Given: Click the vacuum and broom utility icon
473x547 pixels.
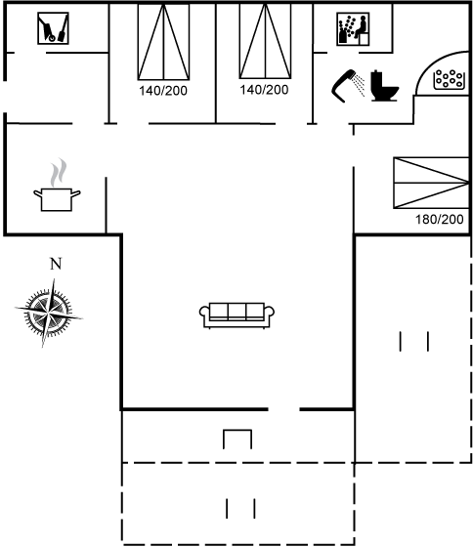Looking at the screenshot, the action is click(53, 28).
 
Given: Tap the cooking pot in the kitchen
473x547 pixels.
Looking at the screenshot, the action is click(57, 199).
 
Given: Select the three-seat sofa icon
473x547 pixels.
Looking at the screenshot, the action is click(236, 316).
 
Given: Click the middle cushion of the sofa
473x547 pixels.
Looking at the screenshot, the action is click(236, 311).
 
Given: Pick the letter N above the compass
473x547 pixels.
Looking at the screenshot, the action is click(56, 264).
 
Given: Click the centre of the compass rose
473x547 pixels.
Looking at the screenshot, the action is click(49, 313).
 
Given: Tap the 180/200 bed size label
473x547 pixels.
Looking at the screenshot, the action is click(439, 219).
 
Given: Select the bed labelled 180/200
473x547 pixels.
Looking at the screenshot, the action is click(431, 183).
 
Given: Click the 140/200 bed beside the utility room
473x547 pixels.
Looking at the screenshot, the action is click(163, 42).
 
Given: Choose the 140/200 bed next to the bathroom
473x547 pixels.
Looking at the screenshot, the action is click(265, 41).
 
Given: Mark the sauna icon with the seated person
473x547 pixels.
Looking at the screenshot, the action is click(353, 29).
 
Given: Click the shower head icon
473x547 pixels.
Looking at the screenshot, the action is click(344, 86).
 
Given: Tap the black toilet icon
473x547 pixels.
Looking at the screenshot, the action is click(384, 86).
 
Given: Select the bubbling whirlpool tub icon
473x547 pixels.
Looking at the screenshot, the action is click(450, 79).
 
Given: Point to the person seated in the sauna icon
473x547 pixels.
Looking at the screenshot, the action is click(362, 26).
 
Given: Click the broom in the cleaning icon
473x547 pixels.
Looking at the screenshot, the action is click(63, 28).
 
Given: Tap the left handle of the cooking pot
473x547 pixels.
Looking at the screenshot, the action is click(38, 192).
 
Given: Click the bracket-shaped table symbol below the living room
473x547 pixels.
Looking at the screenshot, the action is click(237, 439).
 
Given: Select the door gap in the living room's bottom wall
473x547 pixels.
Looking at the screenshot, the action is click(283, 409).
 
